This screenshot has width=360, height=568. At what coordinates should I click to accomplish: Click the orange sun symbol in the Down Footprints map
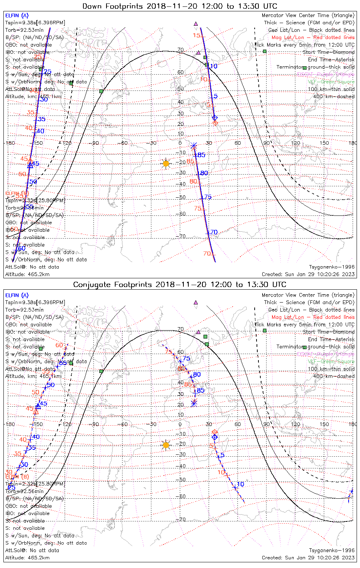click(166, 164)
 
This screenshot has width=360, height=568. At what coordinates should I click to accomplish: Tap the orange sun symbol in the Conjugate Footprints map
click(166, 445)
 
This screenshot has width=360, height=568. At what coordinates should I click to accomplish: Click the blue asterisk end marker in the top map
click(194, 146)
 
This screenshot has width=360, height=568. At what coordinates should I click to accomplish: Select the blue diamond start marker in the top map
click(215, 117)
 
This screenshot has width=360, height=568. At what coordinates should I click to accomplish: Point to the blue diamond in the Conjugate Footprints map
click(215, 437)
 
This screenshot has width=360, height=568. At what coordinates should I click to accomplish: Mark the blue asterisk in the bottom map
click(194, 404)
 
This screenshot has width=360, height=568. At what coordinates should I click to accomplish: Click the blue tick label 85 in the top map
click(200, 155)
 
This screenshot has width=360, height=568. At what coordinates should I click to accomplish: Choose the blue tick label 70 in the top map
click(214, 232)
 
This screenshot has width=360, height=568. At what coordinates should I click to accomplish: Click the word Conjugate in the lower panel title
click(91, 284)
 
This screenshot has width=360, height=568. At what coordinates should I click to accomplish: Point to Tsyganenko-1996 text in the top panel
click(332, 267)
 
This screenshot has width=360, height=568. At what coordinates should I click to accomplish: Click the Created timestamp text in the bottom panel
click(308, 557)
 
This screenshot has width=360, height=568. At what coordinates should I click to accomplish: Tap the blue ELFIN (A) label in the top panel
click(17, 16)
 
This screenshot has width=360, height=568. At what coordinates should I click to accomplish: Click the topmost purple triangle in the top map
click(196, 24)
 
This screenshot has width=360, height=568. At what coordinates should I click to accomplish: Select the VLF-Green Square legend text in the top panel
click(331, 82)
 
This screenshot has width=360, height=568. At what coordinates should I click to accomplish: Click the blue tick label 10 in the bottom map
click(240, 484)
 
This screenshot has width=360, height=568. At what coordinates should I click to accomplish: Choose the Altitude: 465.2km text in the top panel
click(27, 274)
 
